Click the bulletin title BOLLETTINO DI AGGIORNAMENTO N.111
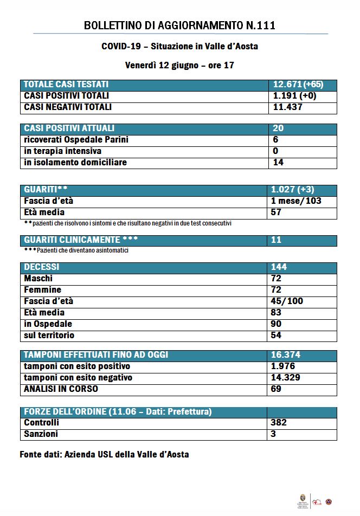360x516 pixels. point(179,25)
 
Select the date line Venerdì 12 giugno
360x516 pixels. point(179,65)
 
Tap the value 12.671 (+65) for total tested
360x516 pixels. point(298,85)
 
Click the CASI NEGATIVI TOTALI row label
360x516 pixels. point(68,107)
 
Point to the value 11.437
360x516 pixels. point(287,107)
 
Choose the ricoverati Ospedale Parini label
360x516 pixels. point(76,140)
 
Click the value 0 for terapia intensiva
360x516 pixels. point(275,151)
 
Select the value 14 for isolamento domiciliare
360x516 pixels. point(278,163)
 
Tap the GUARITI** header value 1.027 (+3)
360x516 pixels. point(292,190)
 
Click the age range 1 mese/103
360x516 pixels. point(296,201)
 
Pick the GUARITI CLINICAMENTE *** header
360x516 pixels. point(80,240)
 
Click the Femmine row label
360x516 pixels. point(43,290)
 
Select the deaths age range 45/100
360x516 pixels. point(287,301)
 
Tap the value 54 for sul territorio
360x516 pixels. point(276,336)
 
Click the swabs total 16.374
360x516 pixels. point(286,355)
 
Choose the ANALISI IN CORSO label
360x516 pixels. point(61,389)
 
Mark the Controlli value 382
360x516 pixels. point(279,423)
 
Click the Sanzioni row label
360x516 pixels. point(41,434)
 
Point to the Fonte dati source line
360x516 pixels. point(104,454)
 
